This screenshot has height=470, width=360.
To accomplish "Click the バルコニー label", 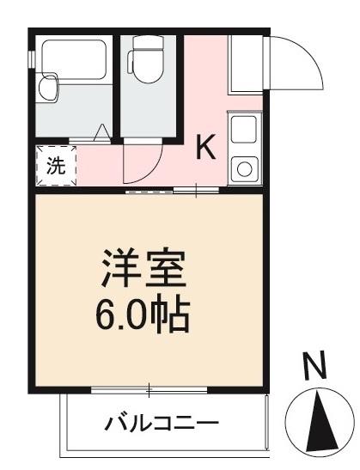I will point(162,424).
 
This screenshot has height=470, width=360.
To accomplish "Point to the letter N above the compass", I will point(315,367).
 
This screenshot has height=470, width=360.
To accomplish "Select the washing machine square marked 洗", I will point(55,166).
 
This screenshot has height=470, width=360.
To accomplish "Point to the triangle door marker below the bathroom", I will point(101,132).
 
